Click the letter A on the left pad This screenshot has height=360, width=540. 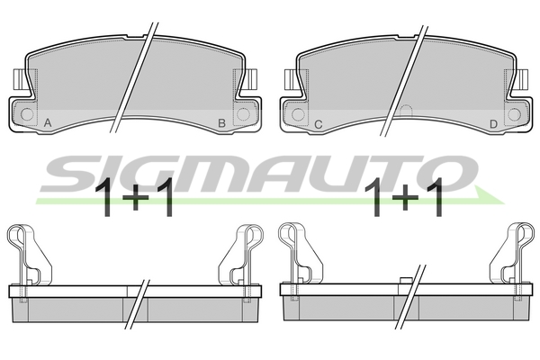click(x=48, y=122)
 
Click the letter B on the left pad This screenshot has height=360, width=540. click(x=222, y=123)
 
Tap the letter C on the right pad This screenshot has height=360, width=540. click(x=319, y=124)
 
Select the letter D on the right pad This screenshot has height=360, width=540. click(x=493, y=124)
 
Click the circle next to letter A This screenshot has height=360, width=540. click(x=27, y=114)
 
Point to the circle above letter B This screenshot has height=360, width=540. click(x=243, y=114)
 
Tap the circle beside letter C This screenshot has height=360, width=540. click(x=298, y=114)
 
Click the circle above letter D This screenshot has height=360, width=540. click(x=514, y=114)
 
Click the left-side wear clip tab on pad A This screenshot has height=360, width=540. click(x=18, y=78)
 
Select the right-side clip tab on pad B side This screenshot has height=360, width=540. click(x=252, y=78)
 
